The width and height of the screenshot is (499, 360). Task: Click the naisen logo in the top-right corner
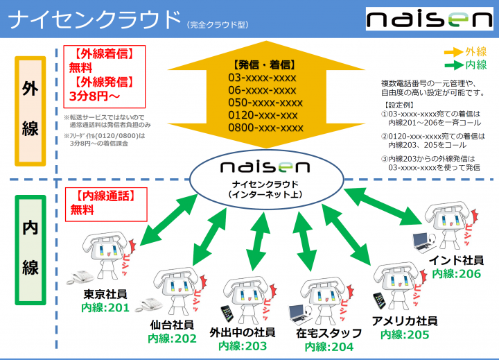click(428, 19)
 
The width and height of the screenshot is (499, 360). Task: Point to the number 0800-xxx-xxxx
click(266, 128)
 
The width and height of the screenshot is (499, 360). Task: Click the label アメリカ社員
click(405, 321)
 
